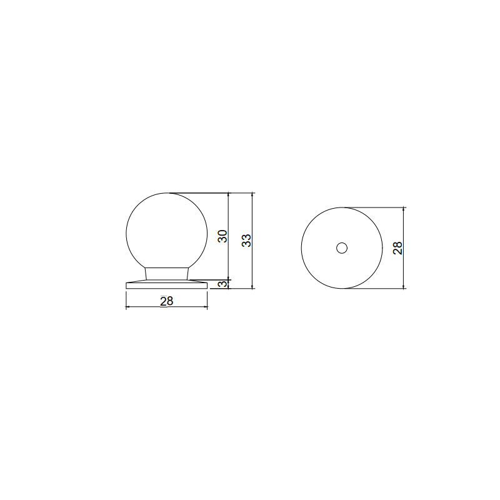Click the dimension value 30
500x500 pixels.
tap(222, 236)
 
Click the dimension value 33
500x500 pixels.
tap(246, 241)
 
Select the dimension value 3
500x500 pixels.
tap(224, 284)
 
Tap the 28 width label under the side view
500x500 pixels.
tap(166, 301)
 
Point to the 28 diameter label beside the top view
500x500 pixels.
tap(397, 247)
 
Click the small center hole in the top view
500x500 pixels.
tap(342, 248)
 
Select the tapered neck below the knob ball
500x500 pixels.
tap(166, 274)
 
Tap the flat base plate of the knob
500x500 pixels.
tap(166, 284)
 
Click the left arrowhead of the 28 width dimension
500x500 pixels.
tap(127, 307)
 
